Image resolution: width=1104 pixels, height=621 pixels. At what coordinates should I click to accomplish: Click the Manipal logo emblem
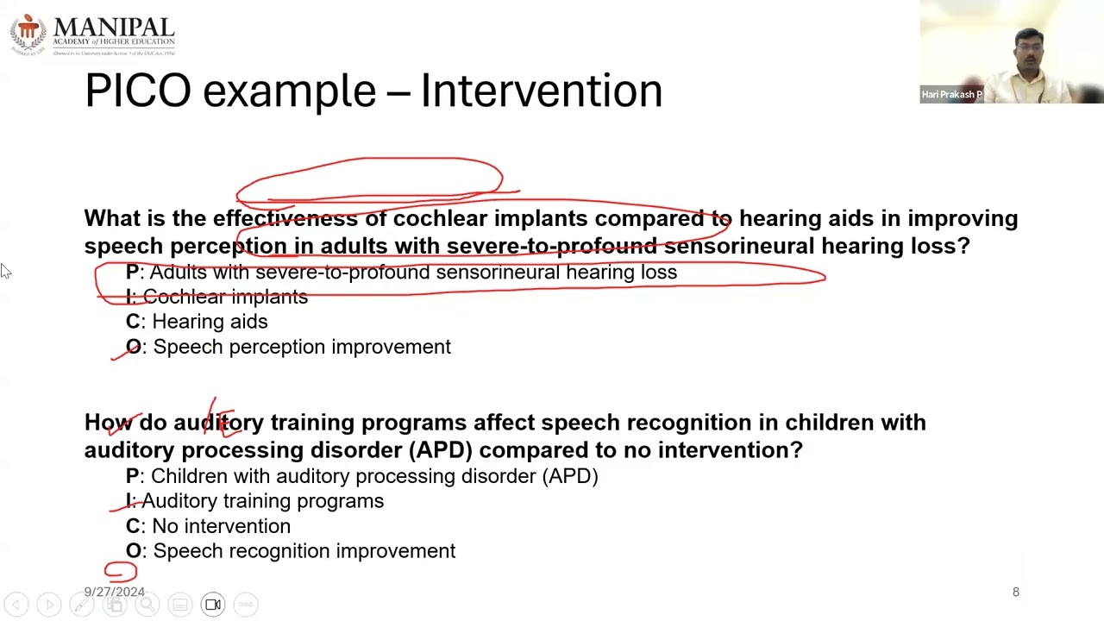pos(28,33)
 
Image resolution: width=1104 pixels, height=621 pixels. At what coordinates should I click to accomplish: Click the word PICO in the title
pos(137,91)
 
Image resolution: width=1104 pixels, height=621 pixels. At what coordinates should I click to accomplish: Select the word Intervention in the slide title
pos(541,91)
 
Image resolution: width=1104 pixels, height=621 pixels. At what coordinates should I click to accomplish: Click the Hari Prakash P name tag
pos(951,95)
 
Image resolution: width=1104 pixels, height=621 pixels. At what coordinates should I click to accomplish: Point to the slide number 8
pos(1015,592)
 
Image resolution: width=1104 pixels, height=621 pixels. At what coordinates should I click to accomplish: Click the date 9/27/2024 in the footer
pos(114,592)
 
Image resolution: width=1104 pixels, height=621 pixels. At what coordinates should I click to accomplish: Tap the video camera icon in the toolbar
pos(213,605)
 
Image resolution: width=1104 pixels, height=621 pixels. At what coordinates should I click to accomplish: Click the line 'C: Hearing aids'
pos(197,322)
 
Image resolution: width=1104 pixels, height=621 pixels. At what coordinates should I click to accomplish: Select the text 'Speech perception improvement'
pos(302,347)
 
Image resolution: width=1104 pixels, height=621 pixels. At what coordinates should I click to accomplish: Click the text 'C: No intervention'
pos(208,526)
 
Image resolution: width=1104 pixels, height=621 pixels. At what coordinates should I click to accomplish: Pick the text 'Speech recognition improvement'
pos(304,551)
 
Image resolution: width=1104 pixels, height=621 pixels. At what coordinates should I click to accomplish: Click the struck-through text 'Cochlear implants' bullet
pos(224,297)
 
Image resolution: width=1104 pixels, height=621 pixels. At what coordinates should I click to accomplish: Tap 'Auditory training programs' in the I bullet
pos(262,501)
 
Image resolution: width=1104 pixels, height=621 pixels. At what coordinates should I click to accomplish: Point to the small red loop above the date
pos(121,571)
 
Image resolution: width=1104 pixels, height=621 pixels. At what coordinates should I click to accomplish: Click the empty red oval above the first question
pos(369,179)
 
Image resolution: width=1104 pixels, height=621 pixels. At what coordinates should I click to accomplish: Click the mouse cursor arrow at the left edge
pos(5,271)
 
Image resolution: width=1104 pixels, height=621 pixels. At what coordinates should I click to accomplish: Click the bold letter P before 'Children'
pos(132,476)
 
